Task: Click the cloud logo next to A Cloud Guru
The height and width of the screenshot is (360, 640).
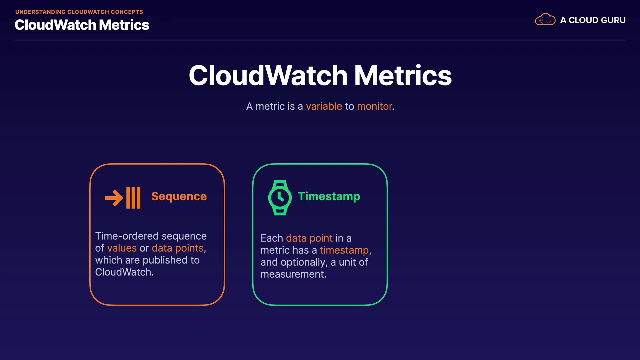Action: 545,20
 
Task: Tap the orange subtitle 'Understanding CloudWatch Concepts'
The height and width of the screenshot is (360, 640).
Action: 79,12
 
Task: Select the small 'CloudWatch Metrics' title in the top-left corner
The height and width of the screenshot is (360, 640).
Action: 82,25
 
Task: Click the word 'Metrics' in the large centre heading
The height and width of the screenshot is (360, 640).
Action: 403,75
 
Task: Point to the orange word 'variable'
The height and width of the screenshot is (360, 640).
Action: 324,106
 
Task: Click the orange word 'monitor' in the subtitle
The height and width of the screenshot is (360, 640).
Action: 375,106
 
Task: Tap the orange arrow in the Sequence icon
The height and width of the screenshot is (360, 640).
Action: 114,198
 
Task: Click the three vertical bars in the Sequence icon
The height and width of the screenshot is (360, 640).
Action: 133,198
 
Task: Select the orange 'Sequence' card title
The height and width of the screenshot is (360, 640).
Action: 179,196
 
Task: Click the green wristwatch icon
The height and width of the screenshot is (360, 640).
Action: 280,198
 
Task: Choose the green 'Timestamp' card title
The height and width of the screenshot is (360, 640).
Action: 329,196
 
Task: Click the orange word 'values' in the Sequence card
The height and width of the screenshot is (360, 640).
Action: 122,248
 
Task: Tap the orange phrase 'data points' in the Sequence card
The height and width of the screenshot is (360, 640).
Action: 178,248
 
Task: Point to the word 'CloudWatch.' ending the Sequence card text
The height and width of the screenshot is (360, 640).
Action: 124,272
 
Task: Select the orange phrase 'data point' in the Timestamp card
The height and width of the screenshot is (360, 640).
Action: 309,238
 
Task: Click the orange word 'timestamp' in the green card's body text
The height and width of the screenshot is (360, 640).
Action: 344,250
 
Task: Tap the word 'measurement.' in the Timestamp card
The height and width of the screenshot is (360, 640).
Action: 294,274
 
